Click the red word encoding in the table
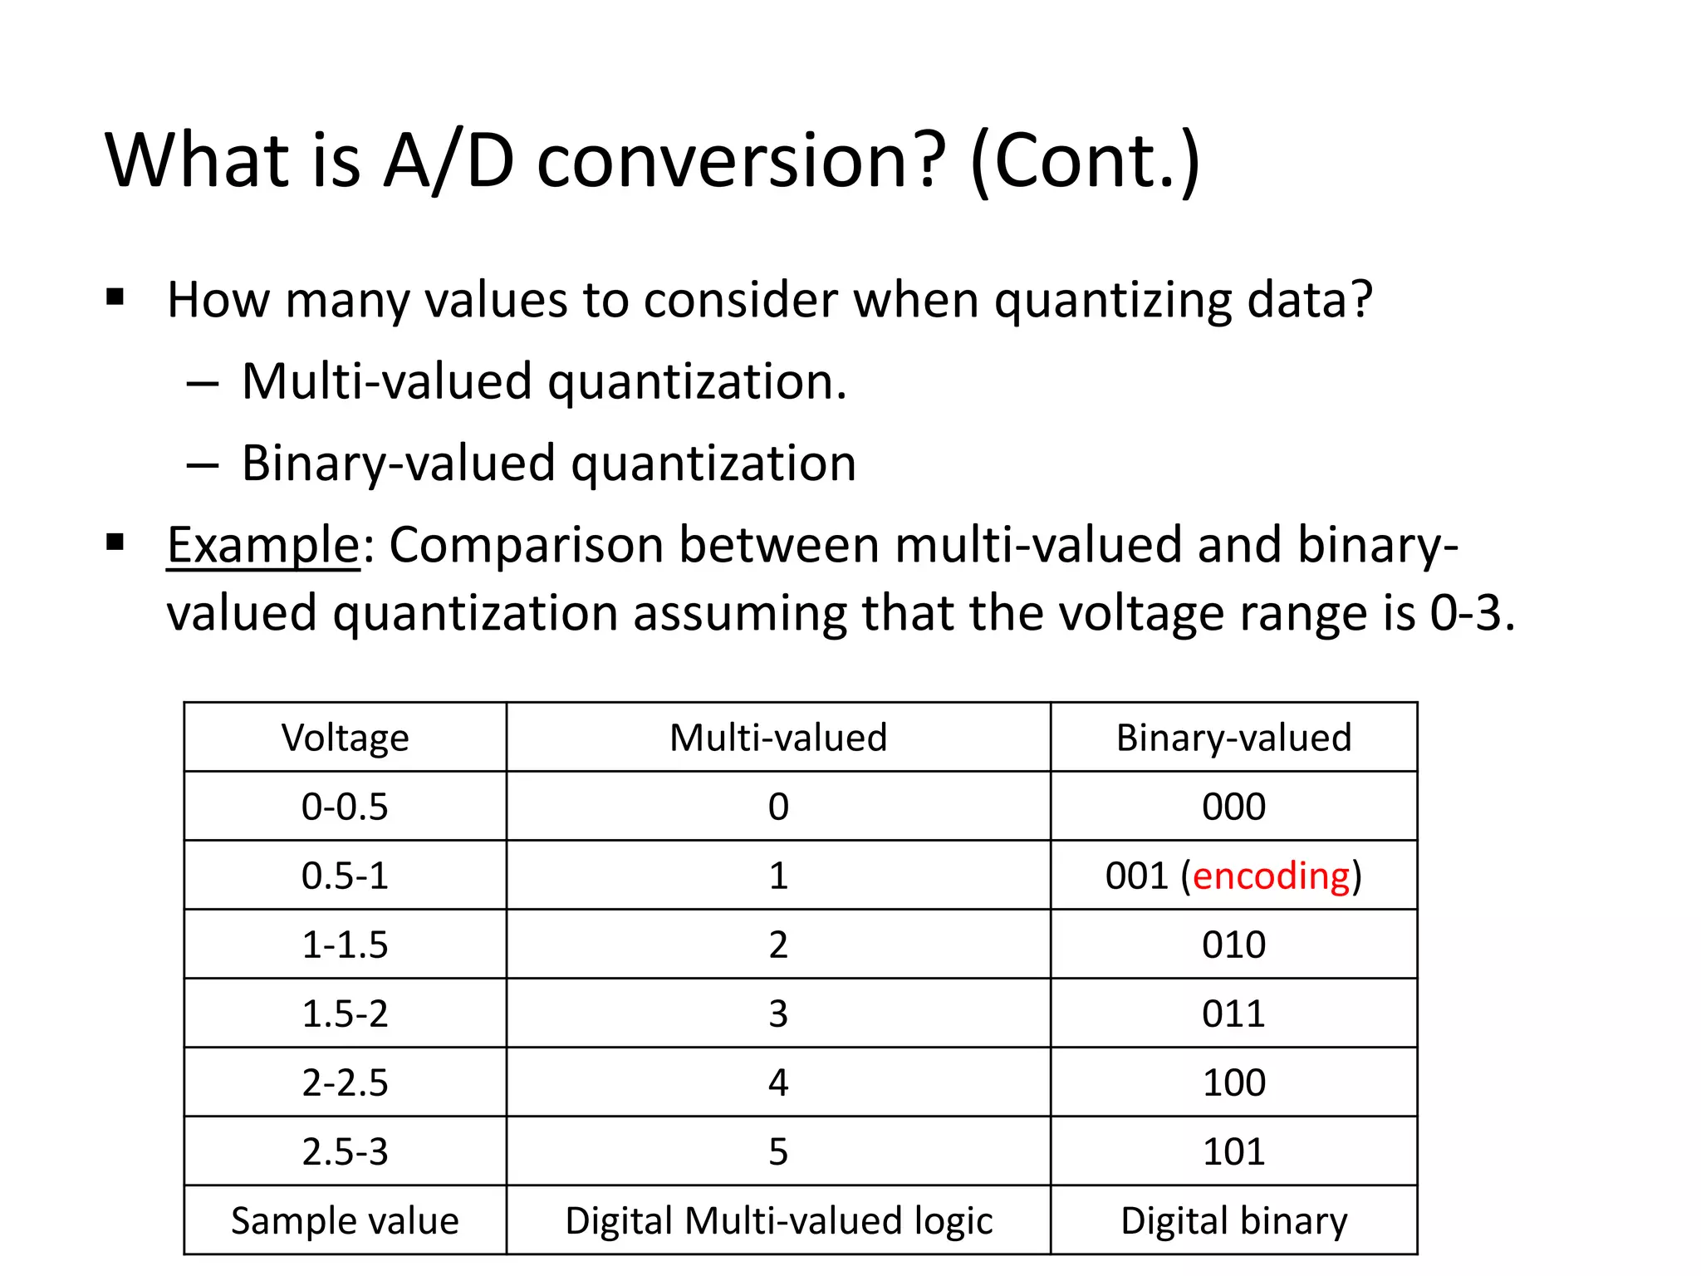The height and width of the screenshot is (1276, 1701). coord(1271,876)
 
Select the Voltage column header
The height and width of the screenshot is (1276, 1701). coord(345,738)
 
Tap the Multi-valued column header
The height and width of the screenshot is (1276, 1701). coord(778,738)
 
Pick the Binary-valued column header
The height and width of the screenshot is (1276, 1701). coord(1233,738)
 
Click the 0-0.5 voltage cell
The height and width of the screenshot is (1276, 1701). coord(345,807)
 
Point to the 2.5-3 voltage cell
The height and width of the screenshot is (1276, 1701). coord(345,1152)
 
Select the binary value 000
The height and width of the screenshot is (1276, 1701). coord(1233,807)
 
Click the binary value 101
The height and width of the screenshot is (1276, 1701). coord(1233,1152)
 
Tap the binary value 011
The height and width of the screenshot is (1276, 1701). coord(1233,1014)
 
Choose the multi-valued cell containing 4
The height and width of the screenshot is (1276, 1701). coord(778,1083)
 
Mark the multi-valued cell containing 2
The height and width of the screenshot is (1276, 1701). coord(778,945)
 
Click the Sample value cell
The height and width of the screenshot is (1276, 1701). coord(345,1221)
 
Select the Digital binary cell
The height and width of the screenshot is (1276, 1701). coord(1233,1221)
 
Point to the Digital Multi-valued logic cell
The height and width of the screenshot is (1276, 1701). coord(778,1221)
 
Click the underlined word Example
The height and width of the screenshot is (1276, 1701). coord(262,547)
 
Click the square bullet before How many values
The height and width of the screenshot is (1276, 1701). coord(115,297)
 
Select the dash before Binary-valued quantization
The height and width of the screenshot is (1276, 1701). coord(203,465)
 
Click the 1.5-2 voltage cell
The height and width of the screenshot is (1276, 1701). coord(345,1014)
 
